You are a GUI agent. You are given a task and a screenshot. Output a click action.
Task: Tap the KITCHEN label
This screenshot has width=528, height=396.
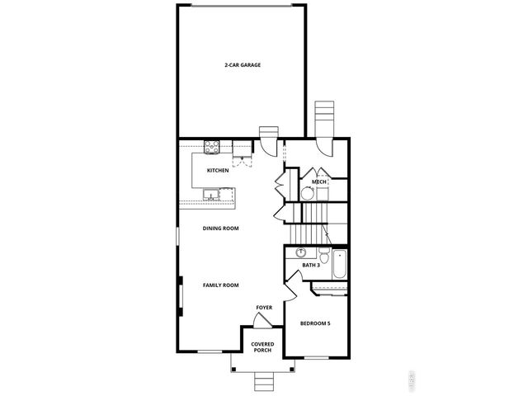pos(218,171)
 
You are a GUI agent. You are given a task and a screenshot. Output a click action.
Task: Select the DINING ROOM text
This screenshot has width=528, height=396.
pos(221,228)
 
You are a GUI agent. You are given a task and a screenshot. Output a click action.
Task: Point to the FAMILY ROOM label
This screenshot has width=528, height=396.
pos(221,285)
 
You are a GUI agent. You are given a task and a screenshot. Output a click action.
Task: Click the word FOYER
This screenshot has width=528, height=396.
pos(264,308)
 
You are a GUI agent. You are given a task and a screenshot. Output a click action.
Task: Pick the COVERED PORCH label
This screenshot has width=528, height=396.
pos(262,347)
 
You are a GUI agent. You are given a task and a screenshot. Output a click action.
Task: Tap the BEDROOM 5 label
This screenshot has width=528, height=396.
pos(315,323)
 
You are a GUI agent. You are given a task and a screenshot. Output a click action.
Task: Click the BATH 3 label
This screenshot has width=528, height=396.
pos(310,266)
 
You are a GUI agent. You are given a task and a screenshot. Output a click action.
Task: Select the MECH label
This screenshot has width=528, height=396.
pos(319,181)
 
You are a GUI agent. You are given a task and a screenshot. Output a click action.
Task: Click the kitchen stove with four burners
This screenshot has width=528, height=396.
pos(212,148)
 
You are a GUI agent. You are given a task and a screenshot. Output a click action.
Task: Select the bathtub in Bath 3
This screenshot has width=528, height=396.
pos(340,266)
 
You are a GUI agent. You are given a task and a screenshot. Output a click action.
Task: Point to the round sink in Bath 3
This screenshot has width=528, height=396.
pos(301,252)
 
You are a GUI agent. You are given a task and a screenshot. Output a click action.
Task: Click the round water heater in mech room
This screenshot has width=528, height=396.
pos(306,195)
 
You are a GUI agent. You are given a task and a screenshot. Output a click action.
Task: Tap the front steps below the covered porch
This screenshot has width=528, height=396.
pos(264,381)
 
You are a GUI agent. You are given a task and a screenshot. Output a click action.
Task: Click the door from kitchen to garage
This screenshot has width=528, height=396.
pos(268,147)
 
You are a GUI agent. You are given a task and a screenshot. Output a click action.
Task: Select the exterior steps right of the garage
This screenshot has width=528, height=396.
pos(326,115)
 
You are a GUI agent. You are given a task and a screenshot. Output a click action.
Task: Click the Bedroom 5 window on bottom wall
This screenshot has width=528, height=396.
pos(316,357)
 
